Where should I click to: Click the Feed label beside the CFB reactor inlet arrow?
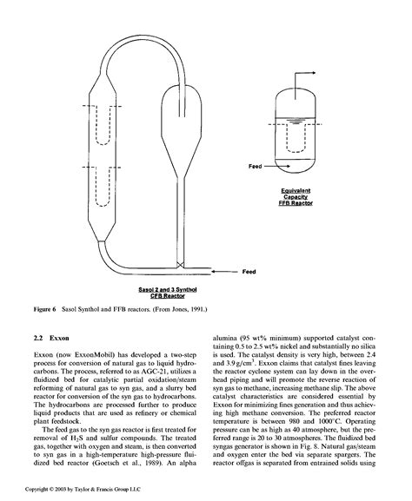click(x=249, y=271)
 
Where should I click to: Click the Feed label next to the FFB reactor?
click(x=256, y=166)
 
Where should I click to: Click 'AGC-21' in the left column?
click(x=133, y=376)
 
